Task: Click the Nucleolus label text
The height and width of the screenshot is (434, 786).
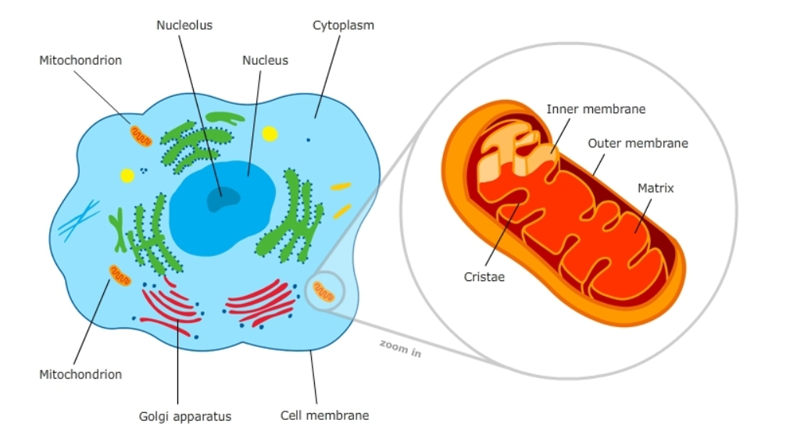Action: [x=184, y=25]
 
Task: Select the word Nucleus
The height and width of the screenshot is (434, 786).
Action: [x=265, y=60]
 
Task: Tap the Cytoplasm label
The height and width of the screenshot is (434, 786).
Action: [x=343, y=25]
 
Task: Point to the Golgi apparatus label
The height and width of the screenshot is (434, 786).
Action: [x=185, y=416]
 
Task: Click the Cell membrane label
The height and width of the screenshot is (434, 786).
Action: [x=324, y=414]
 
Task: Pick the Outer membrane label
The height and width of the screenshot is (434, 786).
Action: [x=638, y=143]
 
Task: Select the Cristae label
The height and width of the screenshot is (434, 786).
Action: [x=484, y=276]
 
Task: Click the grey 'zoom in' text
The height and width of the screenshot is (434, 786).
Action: [x=400, y=348]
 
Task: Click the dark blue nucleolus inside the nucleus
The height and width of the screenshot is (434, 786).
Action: [x=222, y=199]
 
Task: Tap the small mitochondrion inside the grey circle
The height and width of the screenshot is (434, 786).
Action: [x=323, y=292]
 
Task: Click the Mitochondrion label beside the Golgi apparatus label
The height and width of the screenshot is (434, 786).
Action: [x=80, y=375]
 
